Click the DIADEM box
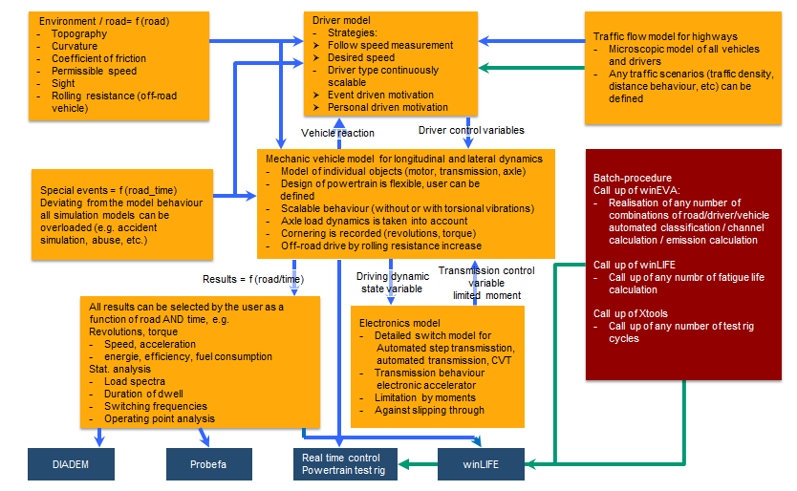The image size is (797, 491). [x=71, y=464]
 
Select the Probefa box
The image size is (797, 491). [x=209, y=464]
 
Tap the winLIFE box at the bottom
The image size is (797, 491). [x=481, y=464]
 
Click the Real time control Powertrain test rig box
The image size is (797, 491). [x=345, y=464]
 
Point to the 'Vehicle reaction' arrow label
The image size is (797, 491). [x=337, y=133]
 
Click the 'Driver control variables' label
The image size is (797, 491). [x=471, y=130]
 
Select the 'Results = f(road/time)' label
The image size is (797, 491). [x=253, y=279]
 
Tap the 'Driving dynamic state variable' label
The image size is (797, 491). [x=393, y=283]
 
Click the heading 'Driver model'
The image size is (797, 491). [x=341, y=20]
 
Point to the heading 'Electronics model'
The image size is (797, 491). [x=399, y=323]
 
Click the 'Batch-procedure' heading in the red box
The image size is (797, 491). [x=633, y=178]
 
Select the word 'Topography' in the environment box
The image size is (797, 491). [x=79, y=33]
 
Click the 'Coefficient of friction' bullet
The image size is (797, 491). [x=98, y=58]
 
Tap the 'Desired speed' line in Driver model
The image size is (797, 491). [x=361, y=57]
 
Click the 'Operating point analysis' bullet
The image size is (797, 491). [x=160, y=418]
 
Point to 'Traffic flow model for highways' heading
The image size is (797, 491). [x=665, y=36]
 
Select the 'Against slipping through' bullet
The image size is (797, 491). [x=429, y=410]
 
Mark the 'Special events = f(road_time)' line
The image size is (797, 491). [x=109, y=190]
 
